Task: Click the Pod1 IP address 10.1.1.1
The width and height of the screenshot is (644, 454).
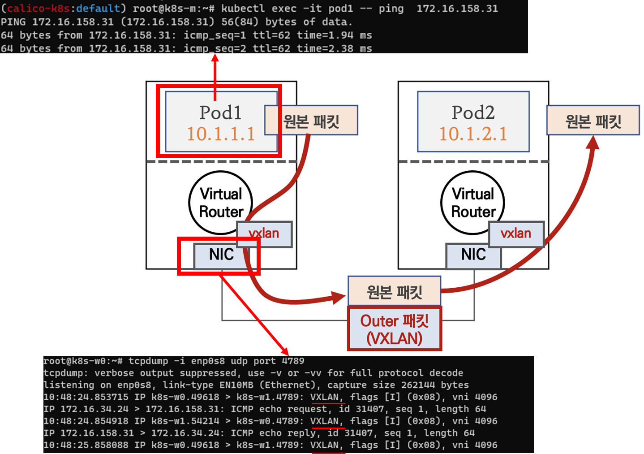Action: (x=220, y=134)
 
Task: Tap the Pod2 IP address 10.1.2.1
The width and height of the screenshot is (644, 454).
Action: (x=473, y=134)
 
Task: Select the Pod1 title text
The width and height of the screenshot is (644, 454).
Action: (x=220, y=112)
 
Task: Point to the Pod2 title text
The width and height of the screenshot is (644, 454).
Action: (x=473, y=112)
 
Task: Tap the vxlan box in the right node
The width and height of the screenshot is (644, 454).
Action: (x=516, y=233)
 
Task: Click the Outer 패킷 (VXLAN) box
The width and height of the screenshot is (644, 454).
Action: (x=395, y=329)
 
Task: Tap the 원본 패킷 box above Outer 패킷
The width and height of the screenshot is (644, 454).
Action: (x=395, y=291)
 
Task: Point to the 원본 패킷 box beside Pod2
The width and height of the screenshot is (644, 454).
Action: (x=593, y=121)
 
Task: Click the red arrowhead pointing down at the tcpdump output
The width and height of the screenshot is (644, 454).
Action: (x=284, y=352)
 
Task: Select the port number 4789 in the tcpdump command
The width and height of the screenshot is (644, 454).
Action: (x=293, y=361)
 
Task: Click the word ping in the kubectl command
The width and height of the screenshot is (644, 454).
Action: (x=391, y=9)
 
